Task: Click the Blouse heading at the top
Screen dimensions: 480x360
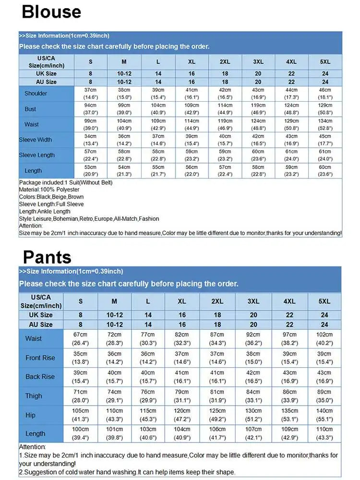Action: (x=51, y=12)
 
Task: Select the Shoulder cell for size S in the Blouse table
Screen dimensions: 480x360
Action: (x=91, y=93)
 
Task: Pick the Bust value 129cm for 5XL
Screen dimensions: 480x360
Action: (x=325, y=109)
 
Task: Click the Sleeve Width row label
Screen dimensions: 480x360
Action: (x=36, y=140)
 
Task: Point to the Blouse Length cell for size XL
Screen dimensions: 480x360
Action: (x=192, y=171)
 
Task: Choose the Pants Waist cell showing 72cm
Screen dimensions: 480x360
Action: (x=114, y=338)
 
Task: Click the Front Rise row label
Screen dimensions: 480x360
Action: (x=40, y=358)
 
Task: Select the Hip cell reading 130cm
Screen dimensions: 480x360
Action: (x=253, y=415)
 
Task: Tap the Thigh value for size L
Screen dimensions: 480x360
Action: (x=148, y=396)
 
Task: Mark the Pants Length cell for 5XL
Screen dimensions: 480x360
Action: (x=324, y=433)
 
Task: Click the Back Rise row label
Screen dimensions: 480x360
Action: (x=40, y=377)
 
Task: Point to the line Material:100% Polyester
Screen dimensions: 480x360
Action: (x=49, y=190)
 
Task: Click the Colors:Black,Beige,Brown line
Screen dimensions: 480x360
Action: (x=51, y=197)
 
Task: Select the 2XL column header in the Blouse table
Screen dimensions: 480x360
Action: (x=225, y=61)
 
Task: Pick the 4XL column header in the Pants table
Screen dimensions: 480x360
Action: (x=289, y=301)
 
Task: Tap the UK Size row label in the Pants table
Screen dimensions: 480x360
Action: (x=40, y=315)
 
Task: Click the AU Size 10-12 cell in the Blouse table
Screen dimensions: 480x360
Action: (x=124, y=82)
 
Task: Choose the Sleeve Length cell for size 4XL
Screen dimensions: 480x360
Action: (x=291, y=155)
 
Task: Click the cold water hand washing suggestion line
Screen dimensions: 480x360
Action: (x=127, y=472)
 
